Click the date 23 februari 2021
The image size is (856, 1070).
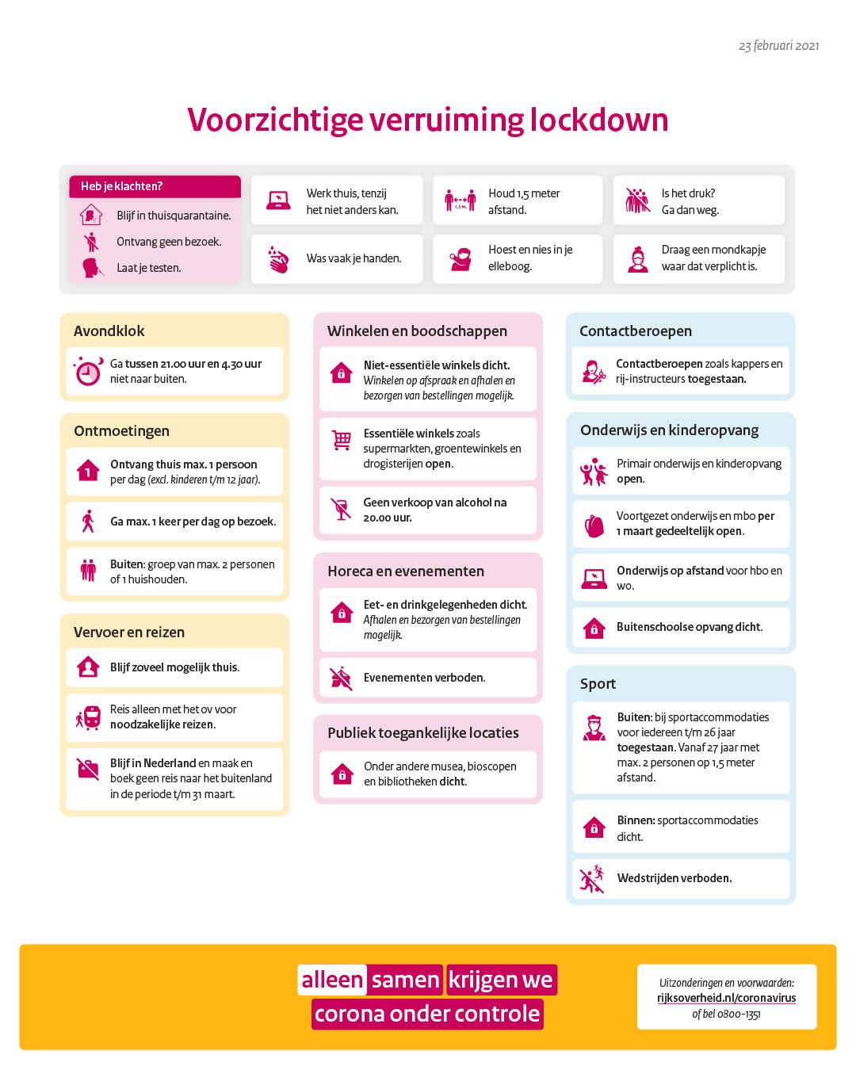pos(778,46)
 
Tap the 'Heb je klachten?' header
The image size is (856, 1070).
pos(121,186)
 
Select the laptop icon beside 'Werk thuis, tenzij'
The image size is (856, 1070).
pos(278,201)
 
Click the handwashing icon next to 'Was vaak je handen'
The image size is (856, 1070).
pos(278,259)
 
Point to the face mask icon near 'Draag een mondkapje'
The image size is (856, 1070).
pos(638,259)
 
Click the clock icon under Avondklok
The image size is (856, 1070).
pos(88,371)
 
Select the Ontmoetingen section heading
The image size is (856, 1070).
pos(121,431)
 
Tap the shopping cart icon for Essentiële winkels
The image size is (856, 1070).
pos(342,441)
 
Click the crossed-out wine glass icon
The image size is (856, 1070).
pos(341,510)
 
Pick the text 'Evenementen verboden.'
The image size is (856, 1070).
pos(424,678)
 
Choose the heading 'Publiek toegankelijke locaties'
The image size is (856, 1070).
pos(423,733)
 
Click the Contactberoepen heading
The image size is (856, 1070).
pos(636,331)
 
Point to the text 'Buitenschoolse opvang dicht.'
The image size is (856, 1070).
pos(690,627)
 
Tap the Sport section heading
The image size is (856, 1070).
pos(598,684)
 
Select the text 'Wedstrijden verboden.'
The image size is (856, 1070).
pos(674,878)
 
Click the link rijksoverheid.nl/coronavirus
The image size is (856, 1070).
pos(726,998)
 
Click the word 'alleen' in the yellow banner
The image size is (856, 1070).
pos(331,980)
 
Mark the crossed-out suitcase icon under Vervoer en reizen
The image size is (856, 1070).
pos(88,769)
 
